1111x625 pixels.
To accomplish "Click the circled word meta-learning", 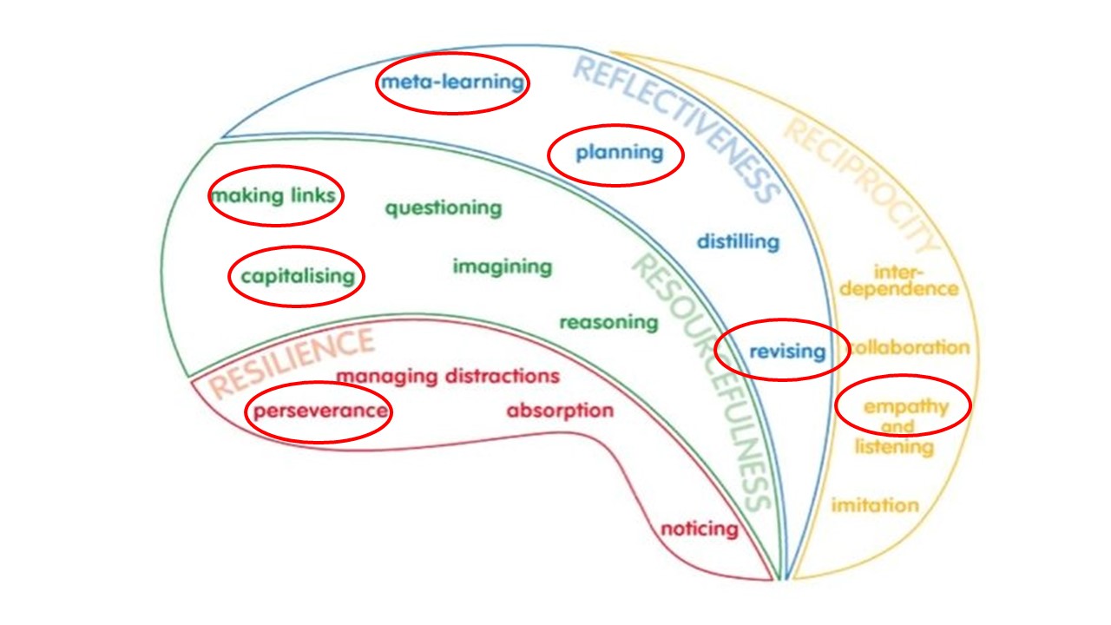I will click(452, 82).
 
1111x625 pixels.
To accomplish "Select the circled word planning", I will click(619, 153).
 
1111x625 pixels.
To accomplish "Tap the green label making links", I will click(273, 195).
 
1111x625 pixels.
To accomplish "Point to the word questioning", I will click(444, 208).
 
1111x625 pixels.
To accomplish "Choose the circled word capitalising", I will click(298, 276).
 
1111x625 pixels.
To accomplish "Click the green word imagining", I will click(502, 266).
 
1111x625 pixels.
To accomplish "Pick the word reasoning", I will click(608, 322).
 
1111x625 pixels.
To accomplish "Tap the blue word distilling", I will click(738, 241).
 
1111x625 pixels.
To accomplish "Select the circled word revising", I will click(786, 351).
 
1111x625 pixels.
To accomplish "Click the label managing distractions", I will click(448, 377).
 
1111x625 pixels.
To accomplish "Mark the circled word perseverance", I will click(319, 411).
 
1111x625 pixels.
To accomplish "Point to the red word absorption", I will click(560, 410).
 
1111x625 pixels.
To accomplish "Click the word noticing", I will click(700, 528).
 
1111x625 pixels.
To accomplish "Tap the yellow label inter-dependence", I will click(898, 280).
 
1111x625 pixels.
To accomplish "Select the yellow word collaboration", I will click(909, 347).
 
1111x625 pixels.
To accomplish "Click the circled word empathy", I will click(905, 405).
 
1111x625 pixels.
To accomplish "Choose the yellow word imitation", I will click(875, 504).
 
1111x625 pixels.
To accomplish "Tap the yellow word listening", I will click(894, 447).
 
